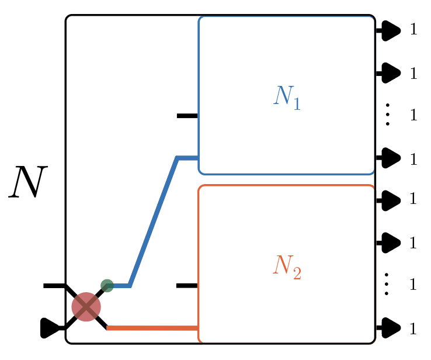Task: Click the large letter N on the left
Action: coord(26,182)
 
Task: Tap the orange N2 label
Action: coord(286,267)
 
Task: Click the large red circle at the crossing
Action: coord(86,307)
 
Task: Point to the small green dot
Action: coord(107,286)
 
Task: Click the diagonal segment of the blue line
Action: coord(153,222)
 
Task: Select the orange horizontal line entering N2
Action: coord(153,328)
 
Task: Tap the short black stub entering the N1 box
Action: coord(187,116)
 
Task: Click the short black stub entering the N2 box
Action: coord(187,286)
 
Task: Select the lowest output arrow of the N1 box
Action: coord(389,157)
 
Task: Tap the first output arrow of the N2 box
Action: coord(389,200)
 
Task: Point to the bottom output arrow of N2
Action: coord(389,328)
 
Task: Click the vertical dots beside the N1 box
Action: coord(387,115)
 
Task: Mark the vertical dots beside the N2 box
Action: coord(387,285)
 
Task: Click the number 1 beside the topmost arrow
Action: coord(413,29)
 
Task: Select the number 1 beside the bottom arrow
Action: coord(413,328)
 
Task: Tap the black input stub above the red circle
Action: coord(54,286)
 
